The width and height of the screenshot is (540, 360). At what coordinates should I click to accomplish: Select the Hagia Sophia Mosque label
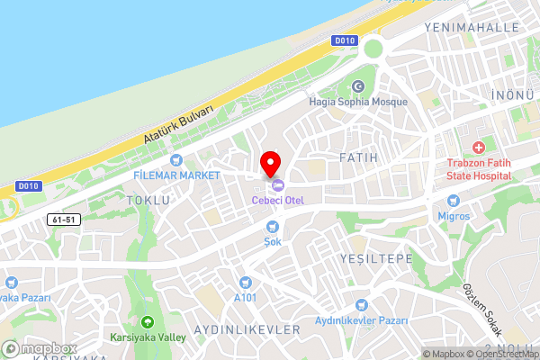pos(357,102)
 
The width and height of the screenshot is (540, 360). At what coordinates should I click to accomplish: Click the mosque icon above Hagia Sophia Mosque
pos(358,86)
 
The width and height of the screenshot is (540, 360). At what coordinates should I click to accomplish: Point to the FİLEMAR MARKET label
pos(176,174)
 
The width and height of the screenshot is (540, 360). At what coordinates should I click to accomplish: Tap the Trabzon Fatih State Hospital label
pos(479,169)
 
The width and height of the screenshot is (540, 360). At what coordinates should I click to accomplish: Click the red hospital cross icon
pos(479,147)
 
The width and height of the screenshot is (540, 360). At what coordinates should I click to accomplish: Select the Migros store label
pos(454,217)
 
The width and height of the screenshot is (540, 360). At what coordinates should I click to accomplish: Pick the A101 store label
pos(245,297)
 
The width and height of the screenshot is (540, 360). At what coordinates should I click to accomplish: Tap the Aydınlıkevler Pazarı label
pos(362,320)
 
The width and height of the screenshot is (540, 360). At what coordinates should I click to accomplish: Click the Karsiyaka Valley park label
pos(148,337)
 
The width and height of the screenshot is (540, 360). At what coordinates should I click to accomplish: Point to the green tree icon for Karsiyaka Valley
pos(148,322)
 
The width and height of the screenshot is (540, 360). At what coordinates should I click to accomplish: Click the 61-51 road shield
pos(61,219)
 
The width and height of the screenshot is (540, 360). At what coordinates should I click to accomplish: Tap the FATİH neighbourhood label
pos(358,157)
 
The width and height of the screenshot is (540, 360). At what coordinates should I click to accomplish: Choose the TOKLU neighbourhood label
pos(148,200)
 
